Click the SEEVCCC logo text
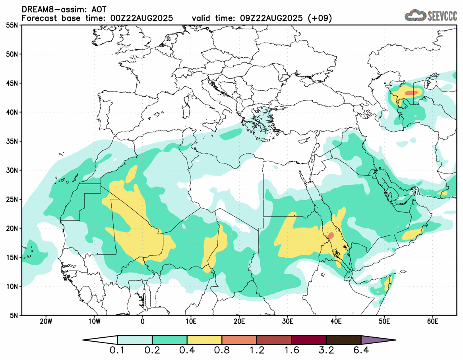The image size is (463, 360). pyautogui.click(x=442, y=16)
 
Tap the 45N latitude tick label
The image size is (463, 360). pyautogui.click(x=12, y=83)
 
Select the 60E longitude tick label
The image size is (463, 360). pyautogui.click(x=432, y=321)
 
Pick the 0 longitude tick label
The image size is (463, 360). pyautogui.click(x=143, y=321)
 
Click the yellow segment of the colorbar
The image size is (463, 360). pyautogui.click(x=204, y=340)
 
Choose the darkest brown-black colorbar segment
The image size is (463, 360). pyautogui.click(x=343, y=340)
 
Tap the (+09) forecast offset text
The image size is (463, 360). pyautogui.click(x=321, y=18)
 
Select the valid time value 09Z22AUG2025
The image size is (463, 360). pyautogui.click(x=272, y=18)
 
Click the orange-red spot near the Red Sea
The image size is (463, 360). pyautogui.click(x=330, y=235)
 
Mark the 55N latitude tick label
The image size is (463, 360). pyautogui.click(x=12, y=25)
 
